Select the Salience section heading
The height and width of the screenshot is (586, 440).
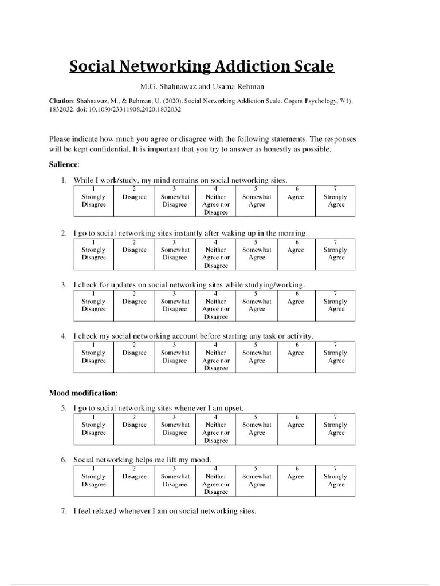point(64,165)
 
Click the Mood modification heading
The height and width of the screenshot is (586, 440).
point(83,394)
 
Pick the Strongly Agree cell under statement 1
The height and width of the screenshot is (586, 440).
point(335,201)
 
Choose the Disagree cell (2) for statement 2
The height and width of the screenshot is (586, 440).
point(134,250)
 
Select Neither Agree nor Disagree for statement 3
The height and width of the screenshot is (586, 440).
point(215,305)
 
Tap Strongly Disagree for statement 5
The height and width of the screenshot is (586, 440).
point(93,429)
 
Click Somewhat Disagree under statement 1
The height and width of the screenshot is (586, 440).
point(175,201)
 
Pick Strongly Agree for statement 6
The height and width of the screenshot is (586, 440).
point(335,480)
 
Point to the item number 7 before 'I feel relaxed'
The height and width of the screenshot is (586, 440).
point(64,511)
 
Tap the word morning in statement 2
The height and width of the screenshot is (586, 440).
point(293,233)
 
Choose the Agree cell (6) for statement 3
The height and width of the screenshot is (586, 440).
point(296,301)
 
